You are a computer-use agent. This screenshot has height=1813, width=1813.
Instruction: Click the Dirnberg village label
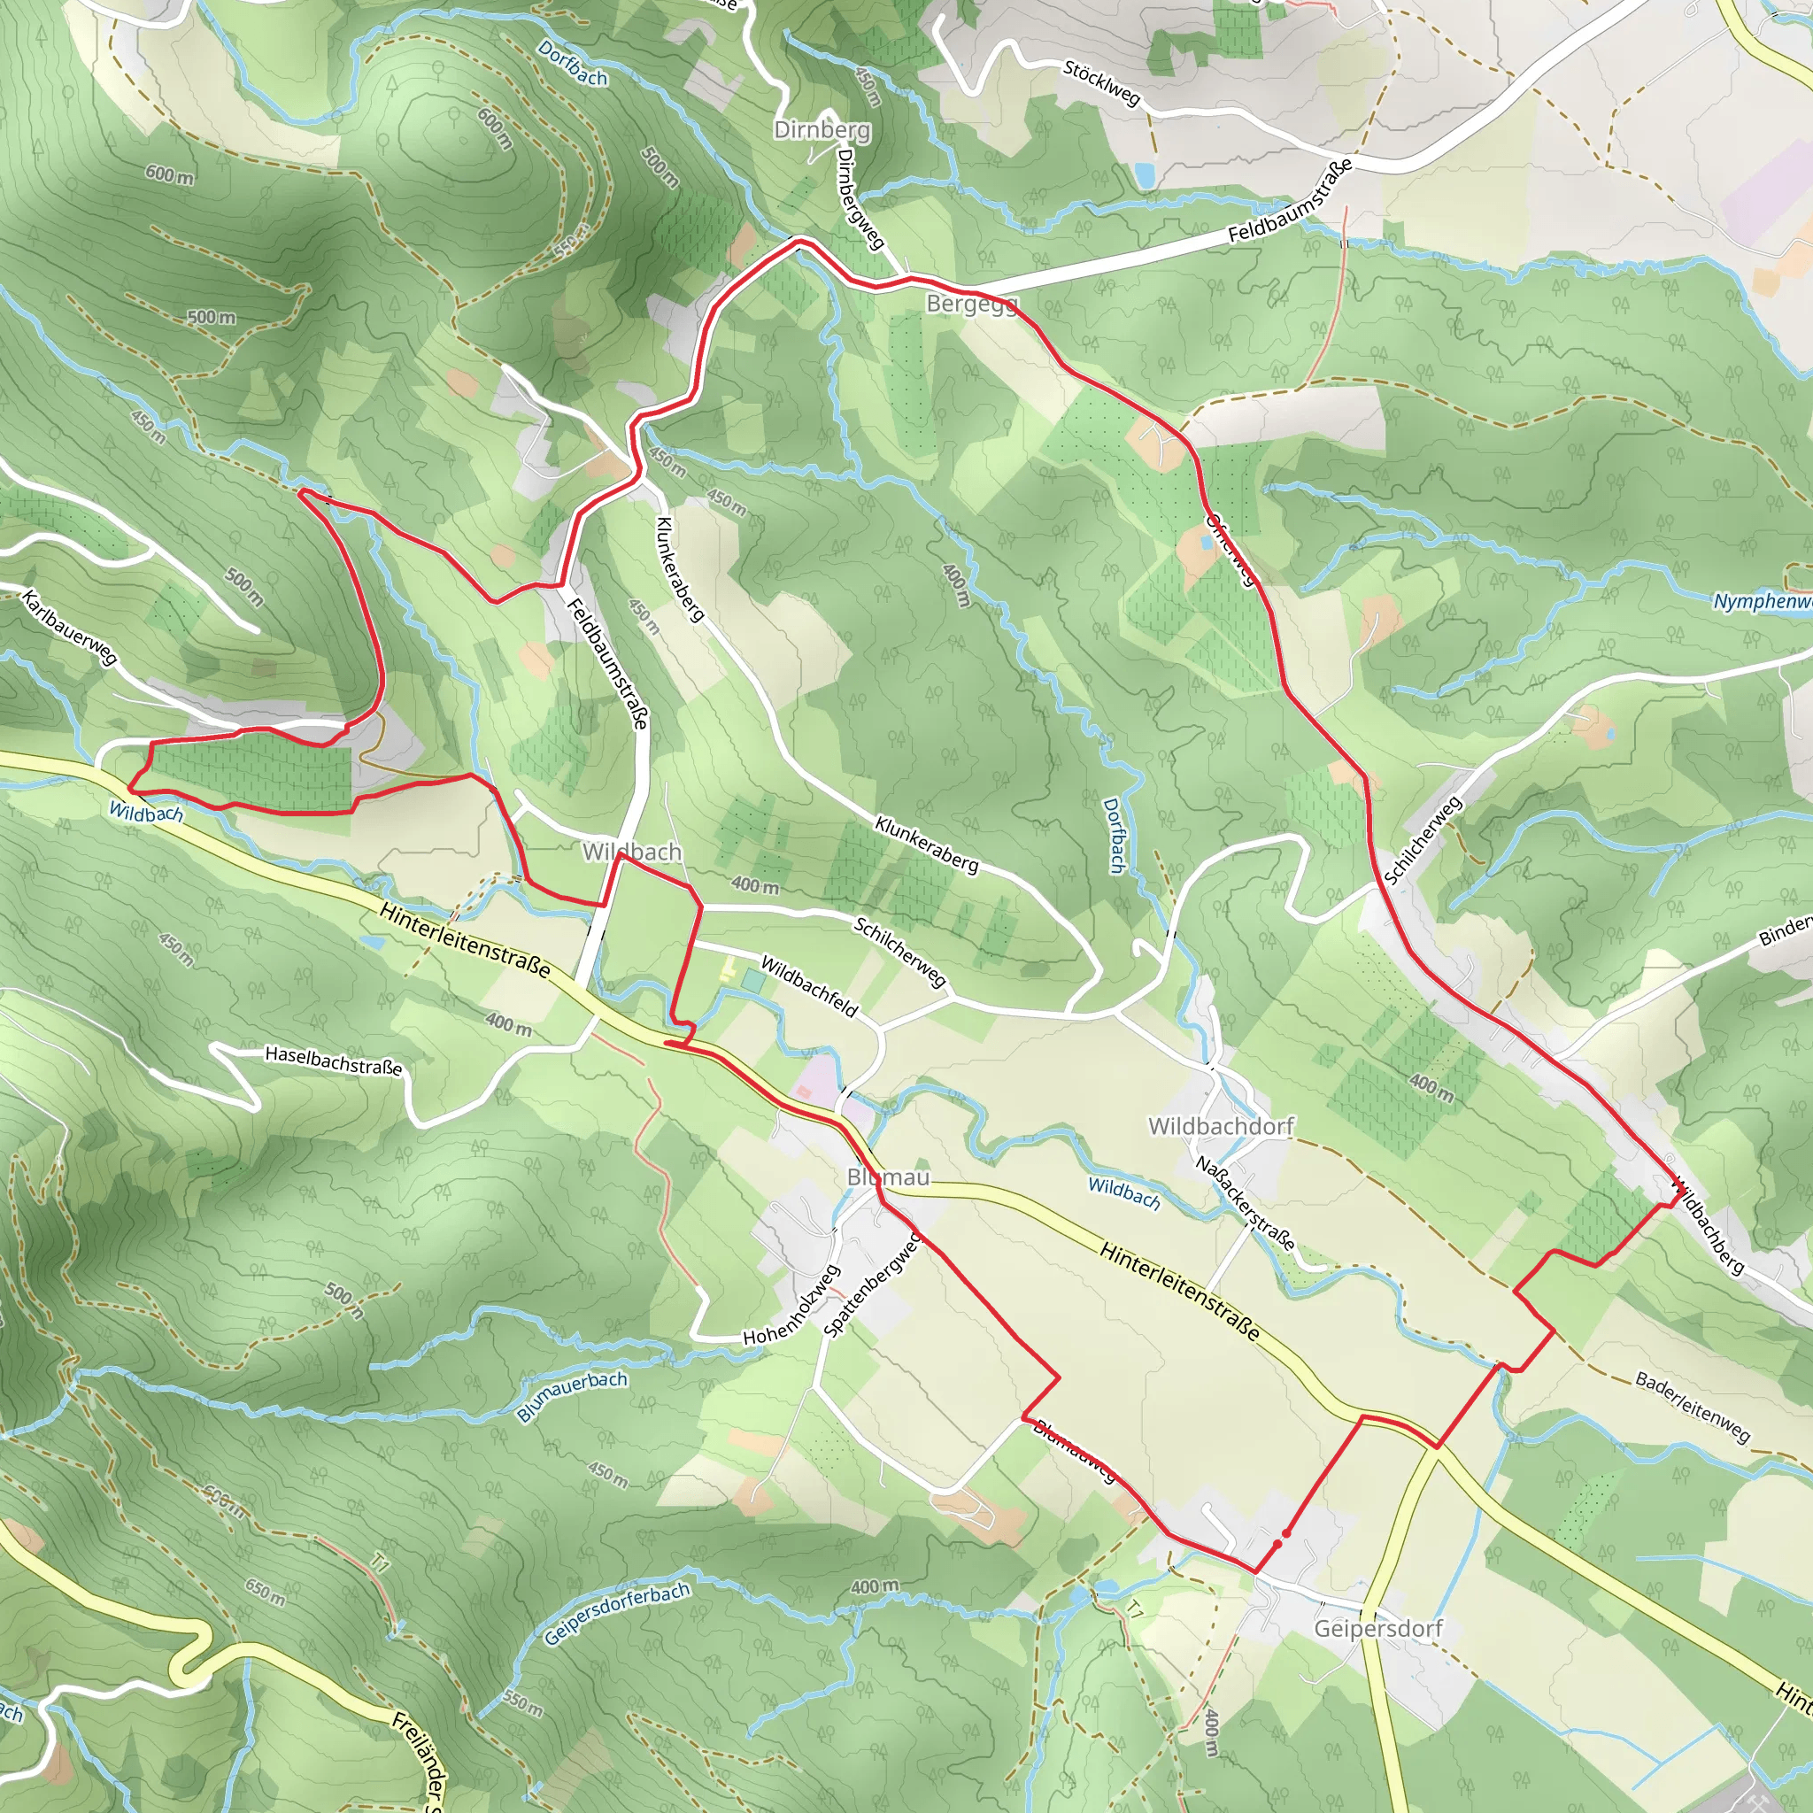point(822,129)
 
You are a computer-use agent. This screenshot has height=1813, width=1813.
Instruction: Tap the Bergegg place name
point(971,303)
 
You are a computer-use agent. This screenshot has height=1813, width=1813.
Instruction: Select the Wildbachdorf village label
point(1221,1125)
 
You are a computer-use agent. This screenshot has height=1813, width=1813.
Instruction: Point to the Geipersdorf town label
point(1377,1628)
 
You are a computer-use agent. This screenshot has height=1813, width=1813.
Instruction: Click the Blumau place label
point(888,1177)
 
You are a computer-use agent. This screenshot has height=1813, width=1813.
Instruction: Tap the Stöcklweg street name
point(1101,82)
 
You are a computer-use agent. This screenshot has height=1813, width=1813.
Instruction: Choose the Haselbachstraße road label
point(333,1061)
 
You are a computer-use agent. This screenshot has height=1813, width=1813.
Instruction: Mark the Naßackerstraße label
point(1246,1203)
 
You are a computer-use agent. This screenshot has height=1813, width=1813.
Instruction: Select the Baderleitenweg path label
point(1693,1407)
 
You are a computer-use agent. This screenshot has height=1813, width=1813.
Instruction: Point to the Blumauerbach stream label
point(572,1396)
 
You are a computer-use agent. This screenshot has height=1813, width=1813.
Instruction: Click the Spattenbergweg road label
point(872,1285)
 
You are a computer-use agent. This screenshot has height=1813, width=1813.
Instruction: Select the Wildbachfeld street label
point(809,986)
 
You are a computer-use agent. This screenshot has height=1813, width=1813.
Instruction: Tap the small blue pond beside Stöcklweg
point(1144,174)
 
